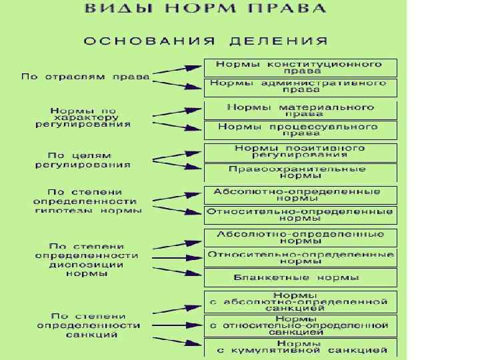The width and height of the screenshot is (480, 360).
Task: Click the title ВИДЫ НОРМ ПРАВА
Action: [x=205, y=9]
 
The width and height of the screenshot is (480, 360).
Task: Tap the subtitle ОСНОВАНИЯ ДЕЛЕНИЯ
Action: [x=205, y=41]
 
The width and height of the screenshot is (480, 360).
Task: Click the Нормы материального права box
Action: [x=301, y=110]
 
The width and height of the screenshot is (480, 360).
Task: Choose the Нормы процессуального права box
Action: [x=301, y=129]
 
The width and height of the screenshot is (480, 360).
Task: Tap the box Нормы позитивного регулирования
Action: [x=301, y=151]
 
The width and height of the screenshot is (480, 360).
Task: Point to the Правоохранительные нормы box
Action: [x=301, y=173]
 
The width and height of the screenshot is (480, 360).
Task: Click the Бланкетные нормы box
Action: [x=301, y=277]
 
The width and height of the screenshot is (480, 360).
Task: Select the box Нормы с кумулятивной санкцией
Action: [x=301, y=347]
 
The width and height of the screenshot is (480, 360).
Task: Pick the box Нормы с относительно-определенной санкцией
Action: [x=301, y=325]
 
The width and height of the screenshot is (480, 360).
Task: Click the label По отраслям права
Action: [x=85, y=77]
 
